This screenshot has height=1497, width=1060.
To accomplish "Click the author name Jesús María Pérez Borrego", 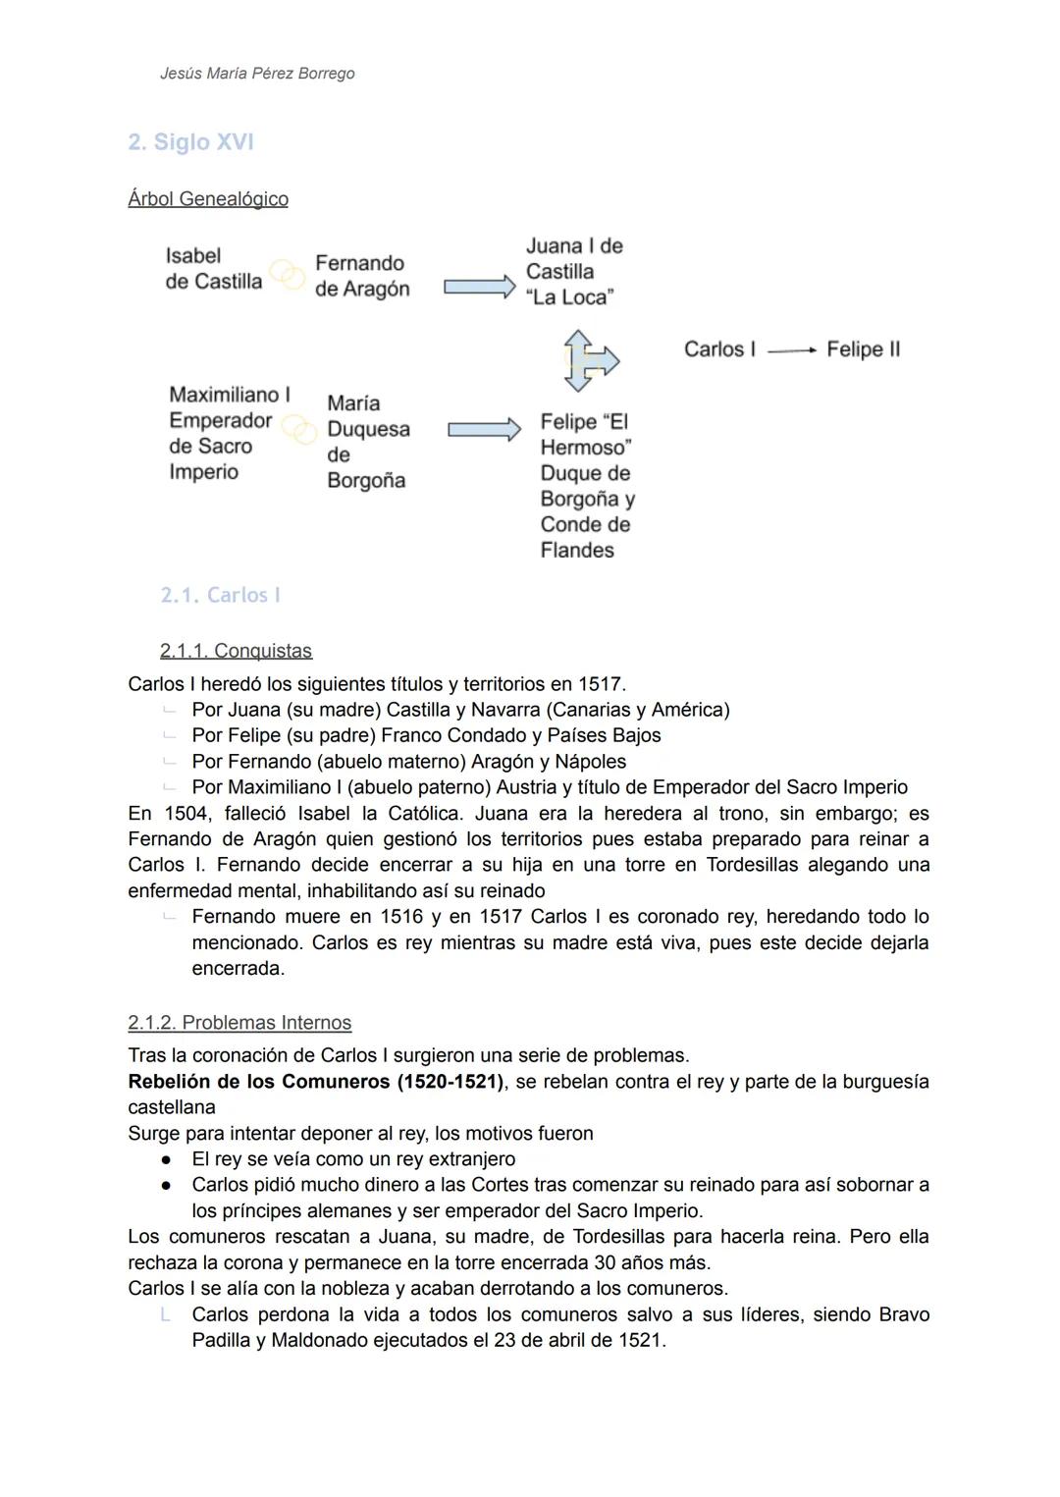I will click(257, 74).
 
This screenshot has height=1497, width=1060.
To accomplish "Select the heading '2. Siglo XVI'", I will click(191, 142).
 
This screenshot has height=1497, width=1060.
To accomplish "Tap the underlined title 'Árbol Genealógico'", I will click(208, 199).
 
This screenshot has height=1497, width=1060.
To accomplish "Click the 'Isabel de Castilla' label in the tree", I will click(213, 269).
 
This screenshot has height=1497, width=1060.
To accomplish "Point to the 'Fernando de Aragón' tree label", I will click(361, 276).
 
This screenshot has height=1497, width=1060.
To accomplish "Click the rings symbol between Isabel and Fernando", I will click(288, 275).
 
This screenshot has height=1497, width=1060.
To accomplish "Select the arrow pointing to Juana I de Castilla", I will click(479, 287).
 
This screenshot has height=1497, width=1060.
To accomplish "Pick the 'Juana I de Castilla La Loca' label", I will click(573, 272).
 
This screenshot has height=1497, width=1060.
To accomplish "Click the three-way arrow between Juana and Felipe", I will click(588, 360).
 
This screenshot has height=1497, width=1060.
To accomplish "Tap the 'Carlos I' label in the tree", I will click(719, 349).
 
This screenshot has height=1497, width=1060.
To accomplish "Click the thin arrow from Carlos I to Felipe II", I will click(791, 350).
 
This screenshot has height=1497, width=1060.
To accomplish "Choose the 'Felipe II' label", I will click(863, 349).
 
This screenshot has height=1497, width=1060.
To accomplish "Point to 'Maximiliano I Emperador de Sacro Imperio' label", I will click(229, 433).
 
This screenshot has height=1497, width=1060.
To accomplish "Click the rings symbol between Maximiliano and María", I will click(298, 429).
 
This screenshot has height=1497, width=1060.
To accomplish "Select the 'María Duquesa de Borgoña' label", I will click(368, 442).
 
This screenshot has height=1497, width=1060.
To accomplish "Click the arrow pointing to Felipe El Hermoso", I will click(484, 430).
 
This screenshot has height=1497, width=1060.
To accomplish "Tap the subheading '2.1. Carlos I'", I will click(220, 596).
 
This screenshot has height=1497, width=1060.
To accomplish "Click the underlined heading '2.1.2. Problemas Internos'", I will click(239, 1023).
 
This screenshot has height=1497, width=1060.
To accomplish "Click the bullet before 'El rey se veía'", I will click(168, 1159).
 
